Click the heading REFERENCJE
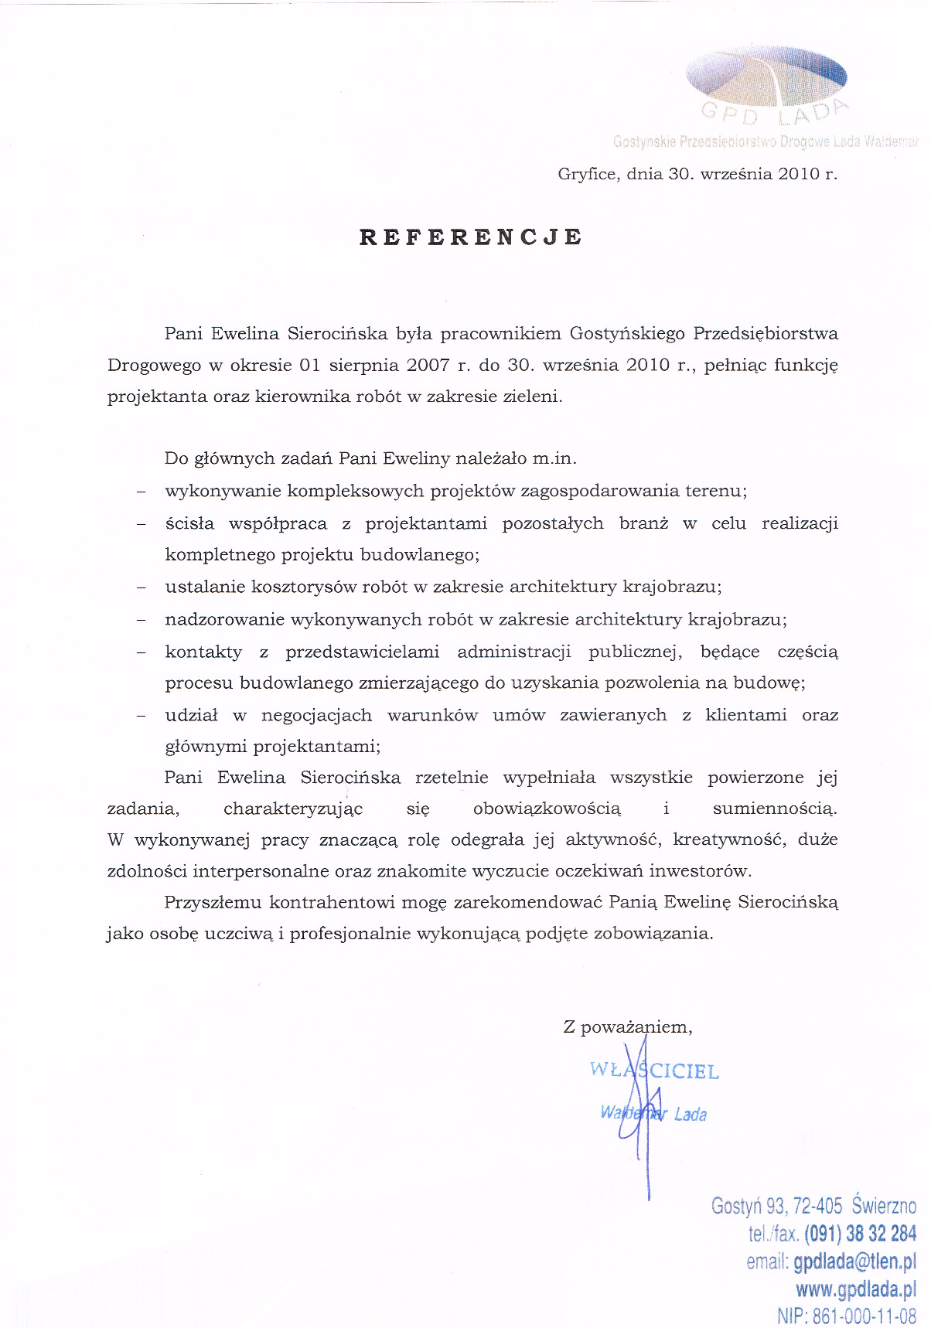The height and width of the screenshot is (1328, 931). (470, 237)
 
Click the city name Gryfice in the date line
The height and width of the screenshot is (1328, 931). (587, 174)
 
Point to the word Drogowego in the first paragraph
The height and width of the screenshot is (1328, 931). (154, 366)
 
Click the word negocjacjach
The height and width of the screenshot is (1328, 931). (316, 715)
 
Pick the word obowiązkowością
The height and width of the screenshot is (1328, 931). (547, 809)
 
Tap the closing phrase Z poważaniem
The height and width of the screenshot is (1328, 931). (627, 1027)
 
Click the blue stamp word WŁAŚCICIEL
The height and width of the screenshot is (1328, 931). (654, 1071)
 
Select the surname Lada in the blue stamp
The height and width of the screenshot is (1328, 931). (690, 1114)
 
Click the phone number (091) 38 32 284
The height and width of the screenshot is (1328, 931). (860, 1233)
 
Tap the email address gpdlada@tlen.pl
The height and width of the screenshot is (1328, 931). (854, 1262)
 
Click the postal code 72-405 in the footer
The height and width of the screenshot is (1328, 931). (817, 1206)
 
